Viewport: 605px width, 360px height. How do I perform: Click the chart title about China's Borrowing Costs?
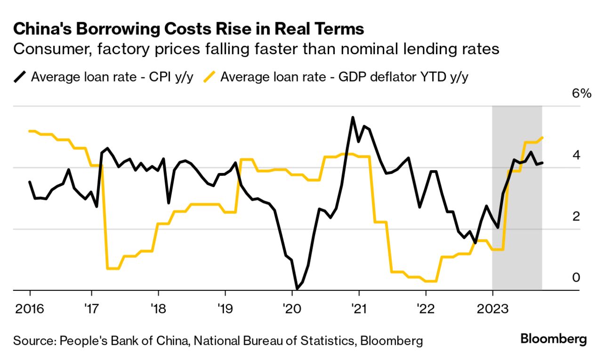188,29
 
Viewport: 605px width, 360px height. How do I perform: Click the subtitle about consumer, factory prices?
256,49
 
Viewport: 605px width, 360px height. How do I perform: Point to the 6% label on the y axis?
581,93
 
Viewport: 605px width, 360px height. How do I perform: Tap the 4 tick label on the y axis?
576,155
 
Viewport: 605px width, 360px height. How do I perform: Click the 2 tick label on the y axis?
576,216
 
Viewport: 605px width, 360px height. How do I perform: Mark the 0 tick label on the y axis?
576,278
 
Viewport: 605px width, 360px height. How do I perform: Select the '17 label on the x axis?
92,310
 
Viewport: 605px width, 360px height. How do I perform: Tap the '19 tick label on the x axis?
225,310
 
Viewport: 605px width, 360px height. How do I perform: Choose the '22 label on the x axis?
426,310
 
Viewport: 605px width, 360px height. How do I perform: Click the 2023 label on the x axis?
492,310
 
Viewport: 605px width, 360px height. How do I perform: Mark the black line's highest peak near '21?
353,117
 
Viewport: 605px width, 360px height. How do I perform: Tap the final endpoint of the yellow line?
542,138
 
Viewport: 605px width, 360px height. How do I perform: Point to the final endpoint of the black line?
542,163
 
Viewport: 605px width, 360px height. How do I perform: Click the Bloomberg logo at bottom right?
554,339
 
